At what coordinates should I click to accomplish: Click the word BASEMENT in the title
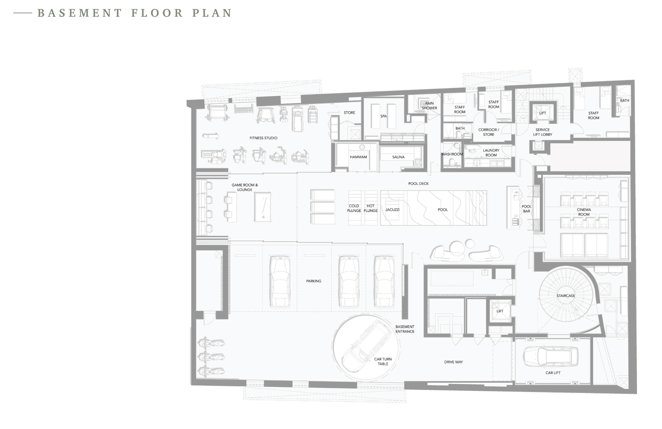coord(80,13)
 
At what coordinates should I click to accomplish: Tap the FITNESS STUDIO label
coord(263,138)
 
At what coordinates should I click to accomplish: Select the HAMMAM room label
coord(358,157)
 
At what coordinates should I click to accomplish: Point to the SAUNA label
coord(398,157)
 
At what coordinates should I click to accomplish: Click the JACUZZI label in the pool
coord(392,210)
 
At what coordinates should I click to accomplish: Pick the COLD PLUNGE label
coord(354,208)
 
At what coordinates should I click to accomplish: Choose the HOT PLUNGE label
coord(371,208)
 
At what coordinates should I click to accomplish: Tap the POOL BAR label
coord(526,209)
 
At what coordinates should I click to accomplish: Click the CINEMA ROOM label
coord(584,212)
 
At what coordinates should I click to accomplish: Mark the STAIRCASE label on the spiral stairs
coord(566,296)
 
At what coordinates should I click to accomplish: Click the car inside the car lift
coord(551,356)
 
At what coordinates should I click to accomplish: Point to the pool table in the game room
coord(263,207)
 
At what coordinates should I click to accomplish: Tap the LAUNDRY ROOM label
coord(491,153)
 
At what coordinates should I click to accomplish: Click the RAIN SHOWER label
coord(429,106)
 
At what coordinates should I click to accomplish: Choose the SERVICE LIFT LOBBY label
coord(543,132)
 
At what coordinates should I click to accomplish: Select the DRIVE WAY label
coord(454,362)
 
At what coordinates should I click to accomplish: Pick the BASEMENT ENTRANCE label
coord(405,329)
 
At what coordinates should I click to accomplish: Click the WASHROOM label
coord(452,154)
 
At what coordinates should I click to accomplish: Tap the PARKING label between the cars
coord(314,281)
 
